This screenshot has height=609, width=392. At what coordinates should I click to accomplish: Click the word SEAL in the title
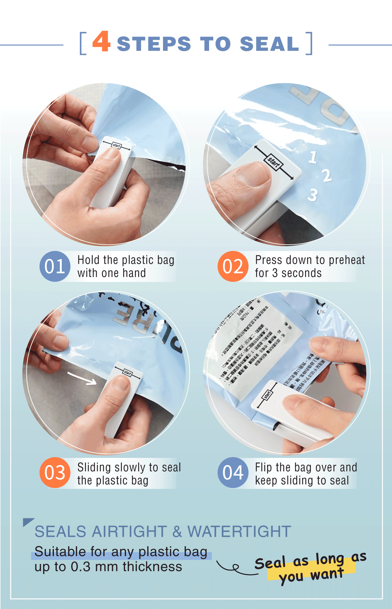[x=269, y=44]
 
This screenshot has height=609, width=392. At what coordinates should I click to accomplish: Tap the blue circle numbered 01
[x=55, y=266]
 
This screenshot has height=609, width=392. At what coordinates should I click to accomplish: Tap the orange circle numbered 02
[x=233, y=266]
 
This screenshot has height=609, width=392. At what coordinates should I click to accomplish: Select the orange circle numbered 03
[x=55, y=473]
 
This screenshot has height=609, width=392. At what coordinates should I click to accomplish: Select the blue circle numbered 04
[x=233, y=473]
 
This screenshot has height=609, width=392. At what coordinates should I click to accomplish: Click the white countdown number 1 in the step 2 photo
[x=313, y=157]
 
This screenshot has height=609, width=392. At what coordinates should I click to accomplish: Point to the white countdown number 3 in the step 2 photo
[x=313, y=195]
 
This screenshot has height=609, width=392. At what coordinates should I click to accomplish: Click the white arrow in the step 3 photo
[x=82, y=378]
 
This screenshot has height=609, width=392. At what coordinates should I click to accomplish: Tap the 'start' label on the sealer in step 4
[x=267, y=395]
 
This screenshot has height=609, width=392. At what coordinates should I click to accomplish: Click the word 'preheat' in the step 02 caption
[x=347, y=260]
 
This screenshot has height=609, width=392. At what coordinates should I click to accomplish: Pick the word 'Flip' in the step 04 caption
[x=263, y=467]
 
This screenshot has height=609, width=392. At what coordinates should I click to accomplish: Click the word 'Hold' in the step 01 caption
[x=88, y=260]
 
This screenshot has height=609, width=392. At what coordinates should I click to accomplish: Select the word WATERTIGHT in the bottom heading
[x=239, y=532]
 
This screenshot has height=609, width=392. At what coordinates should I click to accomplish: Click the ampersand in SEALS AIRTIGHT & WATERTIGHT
[x=177, y=532]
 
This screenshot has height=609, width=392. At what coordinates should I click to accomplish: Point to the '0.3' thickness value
[x=80, y=567]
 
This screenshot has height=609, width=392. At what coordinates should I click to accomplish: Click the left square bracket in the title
[x=83, y=43]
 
